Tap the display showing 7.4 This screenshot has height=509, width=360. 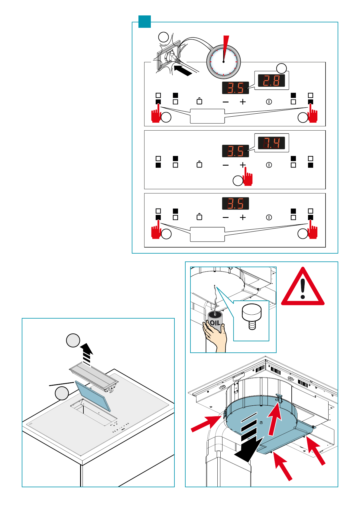pyautogui.click(x=271, y=143)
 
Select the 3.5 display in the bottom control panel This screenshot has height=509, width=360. pyautogui.click(x=235, y=203)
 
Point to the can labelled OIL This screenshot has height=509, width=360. pyautogui.click(x=215, y=322)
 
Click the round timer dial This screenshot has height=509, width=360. pyautogui.click(x=223, y=62)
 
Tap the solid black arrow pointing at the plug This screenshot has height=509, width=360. pyautogui.click(x=183, y=69)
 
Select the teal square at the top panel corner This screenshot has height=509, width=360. pyautogui.click(x=144, y=21)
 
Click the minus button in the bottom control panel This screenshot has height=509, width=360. pyautogui.click(x=225, y=217)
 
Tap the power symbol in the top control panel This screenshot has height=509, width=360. pyautogui.click(x=269, y=102)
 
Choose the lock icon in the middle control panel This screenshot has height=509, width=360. pyautogui.click(x=199, y=164)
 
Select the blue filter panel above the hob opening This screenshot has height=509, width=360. pyautogui.click(x=93, y=396)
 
